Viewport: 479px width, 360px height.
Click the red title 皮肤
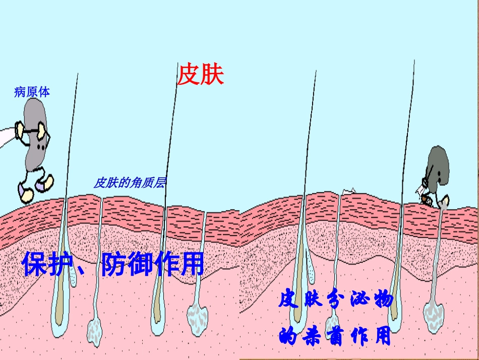pos(201,74)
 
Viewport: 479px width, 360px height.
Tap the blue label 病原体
pos(32,92)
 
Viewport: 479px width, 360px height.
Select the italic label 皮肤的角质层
pos(130,183)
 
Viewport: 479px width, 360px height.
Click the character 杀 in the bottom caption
pos(312,336)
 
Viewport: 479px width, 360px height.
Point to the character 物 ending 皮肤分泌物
pos(383,299)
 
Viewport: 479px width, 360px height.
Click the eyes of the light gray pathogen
pos(41,147)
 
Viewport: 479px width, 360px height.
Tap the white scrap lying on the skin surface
pos(348,191)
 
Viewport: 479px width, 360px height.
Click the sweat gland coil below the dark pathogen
pos(434,317)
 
